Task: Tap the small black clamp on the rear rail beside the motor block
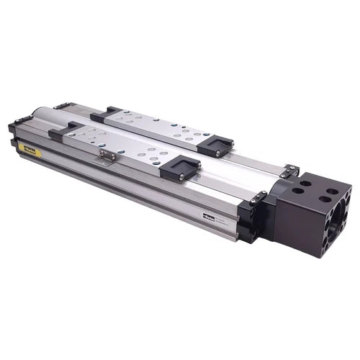tap(289, 171)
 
